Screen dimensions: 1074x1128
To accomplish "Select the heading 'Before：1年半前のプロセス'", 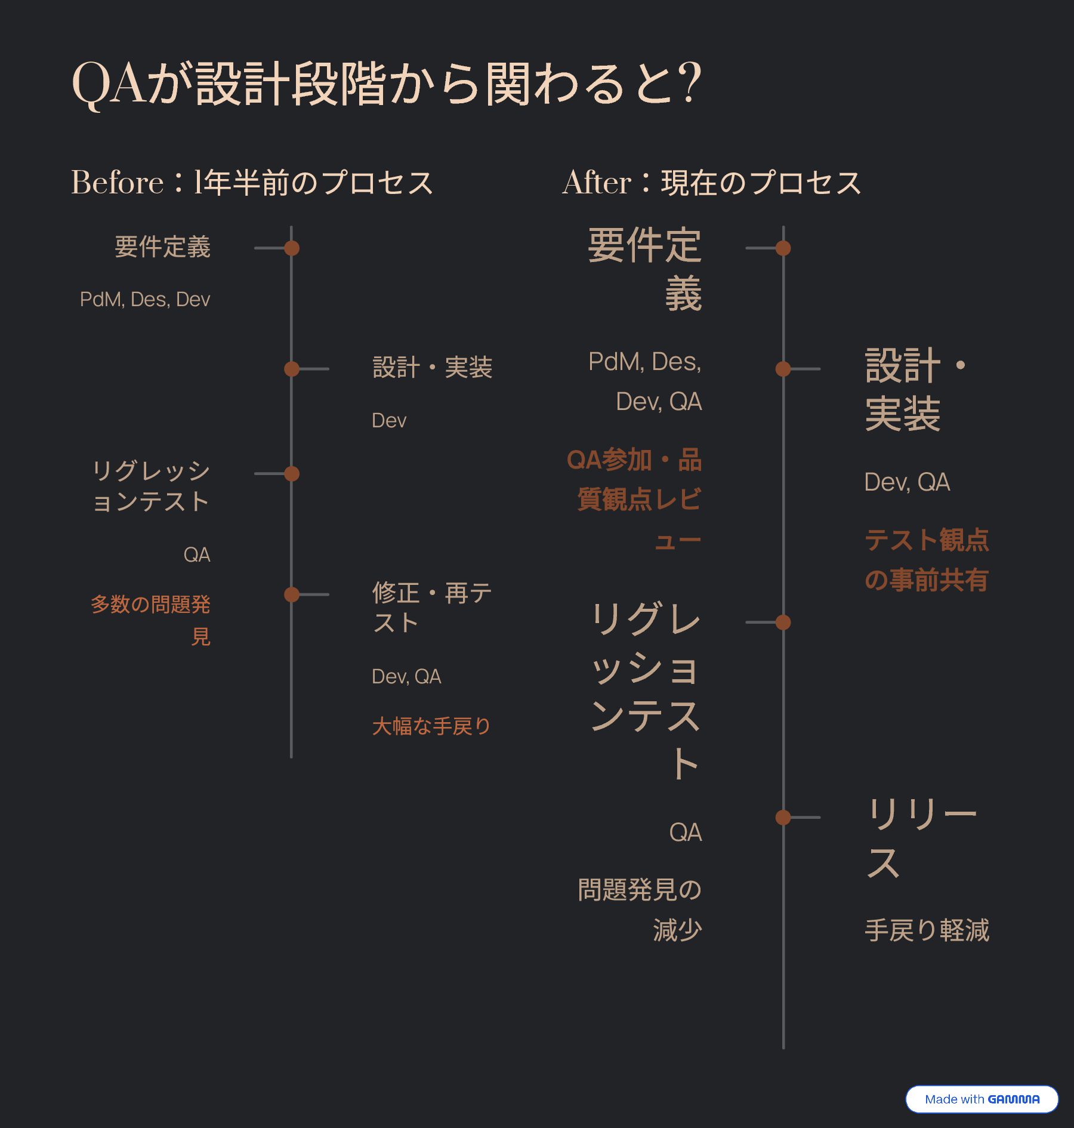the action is click(252, 183).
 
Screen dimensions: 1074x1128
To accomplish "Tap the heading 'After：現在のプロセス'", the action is click(712, 183).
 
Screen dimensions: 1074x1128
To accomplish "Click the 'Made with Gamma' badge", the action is click(982, 1099).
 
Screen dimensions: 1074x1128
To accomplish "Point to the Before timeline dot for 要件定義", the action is click(291, 248).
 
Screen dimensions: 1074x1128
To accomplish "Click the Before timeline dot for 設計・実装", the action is click(291, 369).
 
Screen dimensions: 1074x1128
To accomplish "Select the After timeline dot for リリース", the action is click(783, 817).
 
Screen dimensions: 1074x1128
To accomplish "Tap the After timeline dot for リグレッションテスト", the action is click(783, 622).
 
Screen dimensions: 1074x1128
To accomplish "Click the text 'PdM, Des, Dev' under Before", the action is click(145, 300).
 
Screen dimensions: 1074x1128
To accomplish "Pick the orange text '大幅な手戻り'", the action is click(431, 726).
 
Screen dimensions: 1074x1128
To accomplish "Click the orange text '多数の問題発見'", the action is click(151, 620).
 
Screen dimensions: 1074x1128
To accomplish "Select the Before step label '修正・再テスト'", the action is click(431, 608).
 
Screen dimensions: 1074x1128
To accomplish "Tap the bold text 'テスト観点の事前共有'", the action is click(927, 560).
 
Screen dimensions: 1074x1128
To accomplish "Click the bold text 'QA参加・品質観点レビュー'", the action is click(634, 500).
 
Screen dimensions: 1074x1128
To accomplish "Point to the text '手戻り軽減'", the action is click(927, 930).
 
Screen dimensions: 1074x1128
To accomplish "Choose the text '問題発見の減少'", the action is click(640, 910).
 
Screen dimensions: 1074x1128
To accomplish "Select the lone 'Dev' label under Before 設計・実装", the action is click(389, 421).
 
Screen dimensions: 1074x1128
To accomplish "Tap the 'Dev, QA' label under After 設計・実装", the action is click(907, 482).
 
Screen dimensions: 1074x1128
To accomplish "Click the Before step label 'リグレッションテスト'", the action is click(151, 486).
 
